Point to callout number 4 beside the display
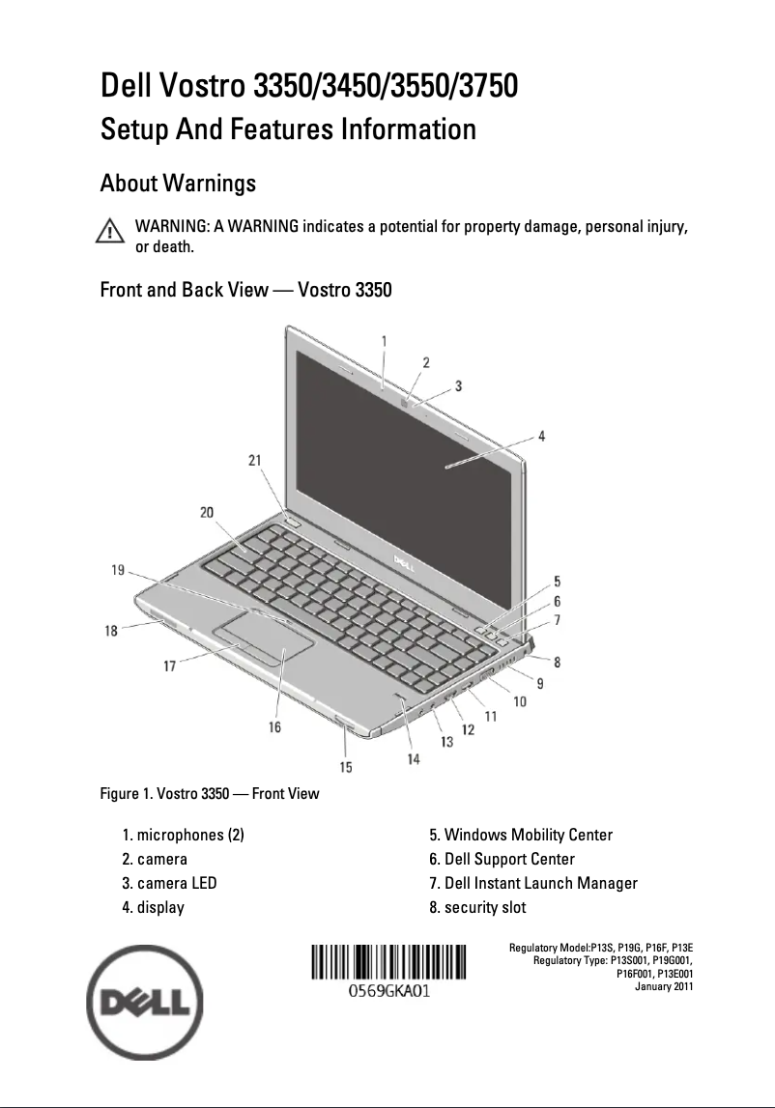[x=541, y=436]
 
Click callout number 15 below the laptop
[x=345, y=767]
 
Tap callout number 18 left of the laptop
[x=112, y=630]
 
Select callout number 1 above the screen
[x=384, y=341]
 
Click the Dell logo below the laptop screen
[x=401, y=559]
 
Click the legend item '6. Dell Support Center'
[x=502, y=859]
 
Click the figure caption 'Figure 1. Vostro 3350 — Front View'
[x=210, y=794]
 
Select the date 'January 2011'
[x=663, y=986]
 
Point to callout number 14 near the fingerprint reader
[x=414, y=759]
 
